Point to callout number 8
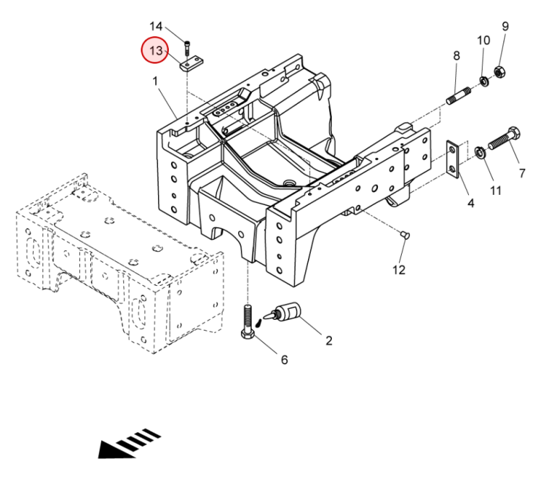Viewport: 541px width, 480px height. point(456,56)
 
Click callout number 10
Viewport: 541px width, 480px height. point(483,40)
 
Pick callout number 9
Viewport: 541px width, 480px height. point(505,27)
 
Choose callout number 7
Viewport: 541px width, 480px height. point(522,173)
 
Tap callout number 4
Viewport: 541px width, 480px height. point(470,204)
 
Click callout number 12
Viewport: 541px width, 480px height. point(399,270)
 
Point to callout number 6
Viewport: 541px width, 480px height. point(283,359)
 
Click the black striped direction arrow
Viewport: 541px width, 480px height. point(130,443)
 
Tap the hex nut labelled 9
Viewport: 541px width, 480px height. point(498,71)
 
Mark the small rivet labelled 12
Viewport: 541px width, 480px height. point(404,235)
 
